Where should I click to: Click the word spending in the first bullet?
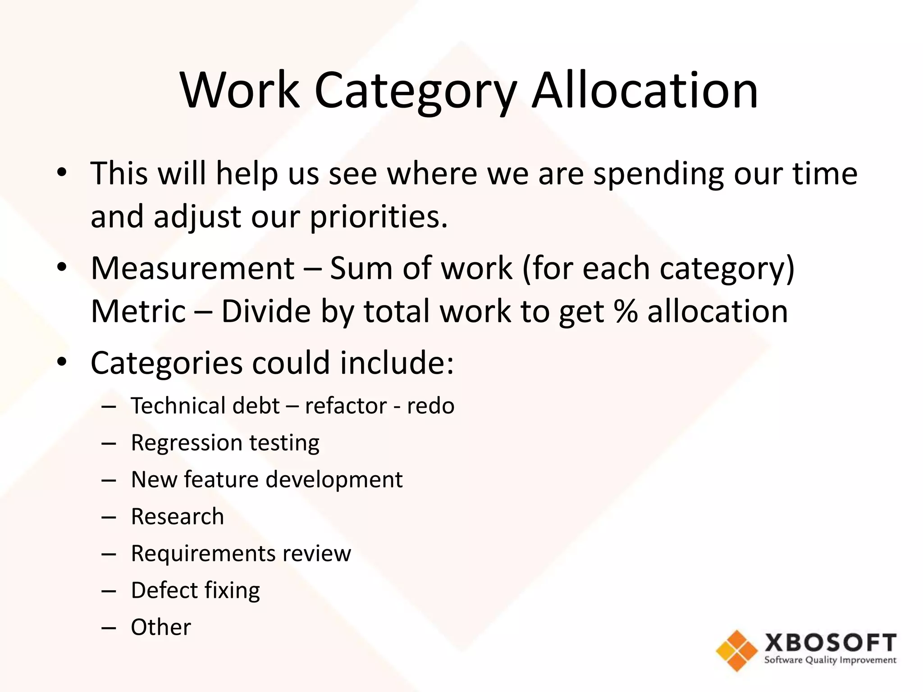click(x=658, y=174)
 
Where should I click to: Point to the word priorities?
click(x=379, y=217)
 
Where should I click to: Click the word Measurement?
click(x=192, y=269)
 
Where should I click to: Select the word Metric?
click(x=138, y=312)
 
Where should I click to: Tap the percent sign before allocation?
click(x=626, y=312)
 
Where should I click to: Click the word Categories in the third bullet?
click(x=166, y=363)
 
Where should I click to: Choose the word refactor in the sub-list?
click(x=346, y=406)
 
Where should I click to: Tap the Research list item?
click(x=177, y=516)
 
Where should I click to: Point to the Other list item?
click(x=161, y=627)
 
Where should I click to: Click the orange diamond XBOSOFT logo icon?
click(x=736, y=650)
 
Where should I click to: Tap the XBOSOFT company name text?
click(x=830, y=642)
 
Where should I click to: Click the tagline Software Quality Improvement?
click(x=830, y=660)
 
